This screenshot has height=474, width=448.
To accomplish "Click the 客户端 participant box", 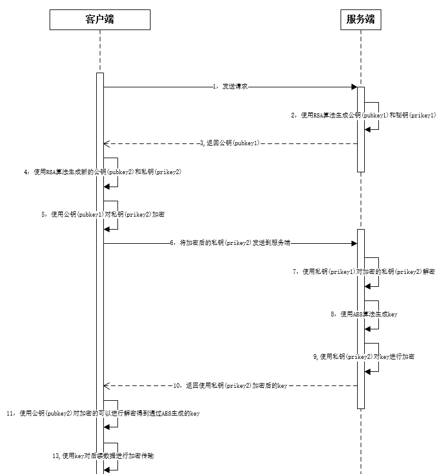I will [100, 19].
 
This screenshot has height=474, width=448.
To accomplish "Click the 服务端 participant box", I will [360, 19].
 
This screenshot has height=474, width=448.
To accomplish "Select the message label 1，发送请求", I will [230, 87].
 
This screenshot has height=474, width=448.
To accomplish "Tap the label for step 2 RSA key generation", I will [364, 115].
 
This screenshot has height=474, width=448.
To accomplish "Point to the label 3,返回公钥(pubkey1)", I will [229, 143].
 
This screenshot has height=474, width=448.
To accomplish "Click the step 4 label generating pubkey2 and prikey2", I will [102, 172].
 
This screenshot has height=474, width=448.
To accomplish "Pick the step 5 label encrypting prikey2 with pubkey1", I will [103, 215].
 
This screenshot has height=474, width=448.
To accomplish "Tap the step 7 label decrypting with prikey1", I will [364, 272].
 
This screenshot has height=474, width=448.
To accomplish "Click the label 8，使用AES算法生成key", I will [364, 315].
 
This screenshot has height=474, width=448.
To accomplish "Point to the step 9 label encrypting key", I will [364, 357].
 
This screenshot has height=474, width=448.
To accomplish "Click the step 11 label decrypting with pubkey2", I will [103, 414].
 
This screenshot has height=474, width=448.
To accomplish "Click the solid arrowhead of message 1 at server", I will [354, 87].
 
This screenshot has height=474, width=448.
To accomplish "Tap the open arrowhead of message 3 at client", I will [106, 143].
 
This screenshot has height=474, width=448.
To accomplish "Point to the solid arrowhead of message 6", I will [354, 243].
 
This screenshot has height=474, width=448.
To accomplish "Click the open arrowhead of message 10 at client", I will [106, 385].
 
